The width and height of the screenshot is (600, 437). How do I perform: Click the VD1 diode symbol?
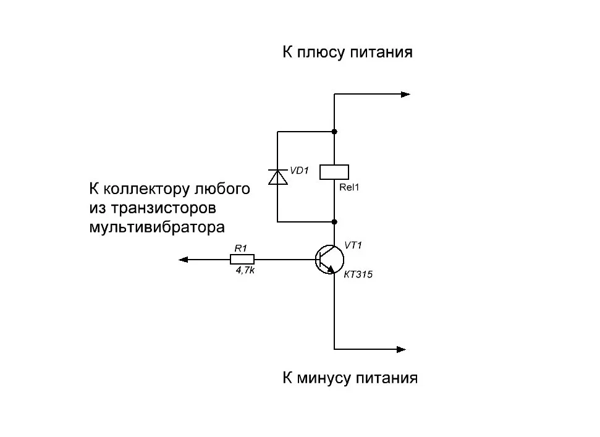point(277,177)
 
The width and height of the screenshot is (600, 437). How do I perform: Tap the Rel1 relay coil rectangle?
point(334,172)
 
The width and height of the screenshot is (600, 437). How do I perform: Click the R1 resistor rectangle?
point(242,260)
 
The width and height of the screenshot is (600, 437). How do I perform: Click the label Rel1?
point(349,188)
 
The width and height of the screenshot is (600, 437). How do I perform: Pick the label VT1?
point(353,245)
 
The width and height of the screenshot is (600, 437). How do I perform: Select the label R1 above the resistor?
point(240,248)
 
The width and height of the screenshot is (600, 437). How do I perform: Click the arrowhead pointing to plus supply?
point(405,95)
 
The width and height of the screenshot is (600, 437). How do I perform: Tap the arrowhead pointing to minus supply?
point(402,349)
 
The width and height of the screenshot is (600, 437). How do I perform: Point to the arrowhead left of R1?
point(184,260)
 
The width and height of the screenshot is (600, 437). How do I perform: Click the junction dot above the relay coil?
point(334,132)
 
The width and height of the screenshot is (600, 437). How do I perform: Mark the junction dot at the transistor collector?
point(334,221)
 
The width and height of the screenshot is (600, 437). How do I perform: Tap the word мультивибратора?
point(156,227)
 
